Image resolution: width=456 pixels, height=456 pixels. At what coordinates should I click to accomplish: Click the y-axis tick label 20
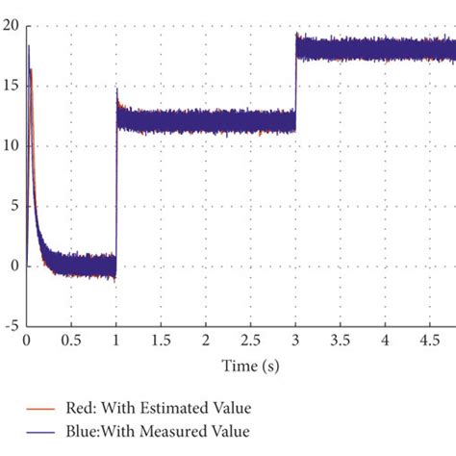click(12, 26)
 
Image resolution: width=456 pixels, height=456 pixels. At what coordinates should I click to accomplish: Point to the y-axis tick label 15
click(12, 86)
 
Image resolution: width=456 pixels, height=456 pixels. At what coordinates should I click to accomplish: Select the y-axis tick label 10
click(12, 146)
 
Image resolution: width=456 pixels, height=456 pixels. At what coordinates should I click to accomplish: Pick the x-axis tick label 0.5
click(71, 342)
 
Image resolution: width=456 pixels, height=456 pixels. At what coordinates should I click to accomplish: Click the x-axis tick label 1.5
click(161, 342)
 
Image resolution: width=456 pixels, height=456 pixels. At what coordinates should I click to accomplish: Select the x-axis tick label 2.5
click(250, 342)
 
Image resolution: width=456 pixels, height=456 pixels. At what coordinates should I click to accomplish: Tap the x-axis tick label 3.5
click(340, 342)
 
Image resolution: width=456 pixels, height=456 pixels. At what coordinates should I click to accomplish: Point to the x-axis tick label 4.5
click(429, 342)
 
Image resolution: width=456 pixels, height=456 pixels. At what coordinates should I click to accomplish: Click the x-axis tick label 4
click(385, 342)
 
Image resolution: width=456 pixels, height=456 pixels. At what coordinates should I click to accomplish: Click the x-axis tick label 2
click(206, 342)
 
